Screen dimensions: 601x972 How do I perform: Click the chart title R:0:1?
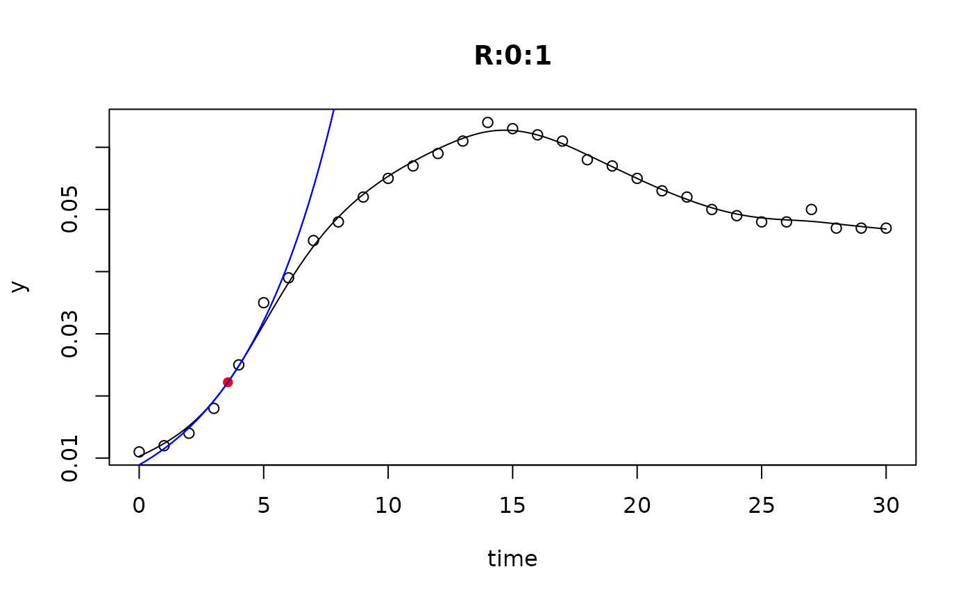[x=512, y=56]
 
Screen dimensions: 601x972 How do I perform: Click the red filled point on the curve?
[x=228, y=382]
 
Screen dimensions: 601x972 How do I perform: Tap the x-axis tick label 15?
[x=512, y=505]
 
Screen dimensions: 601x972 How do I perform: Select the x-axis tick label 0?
[x=139, y=505]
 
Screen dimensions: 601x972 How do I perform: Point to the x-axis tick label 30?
[x=886, y=505]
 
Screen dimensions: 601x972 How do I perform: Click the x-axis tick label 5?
[x=264, y=505]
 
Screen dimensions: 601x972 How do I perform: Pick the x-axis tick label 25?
[x=762, y=505]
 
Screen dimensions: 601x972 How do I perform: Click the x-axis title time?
[x=512, y=559]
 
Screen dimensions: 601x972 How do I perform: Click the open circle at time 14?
[x=487, y=123]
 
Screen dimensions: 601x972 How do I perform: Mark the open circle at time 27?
[x=811, y=210]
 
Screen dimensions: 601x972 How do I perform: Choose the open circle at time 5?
[x=264, y=303]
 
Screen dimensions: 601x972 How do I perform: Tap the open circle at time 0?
[x=139, y=452]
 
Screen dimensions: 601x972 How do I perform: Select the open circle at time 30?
[x=886, y=228]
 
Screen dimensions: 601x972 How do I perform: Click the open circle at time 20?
[x=637, y=178]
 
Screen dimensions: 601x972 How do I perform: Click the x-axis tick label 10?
[x=388, y=505]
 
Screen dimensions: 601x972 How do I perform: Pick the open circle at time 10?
[x=388, y=178]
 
